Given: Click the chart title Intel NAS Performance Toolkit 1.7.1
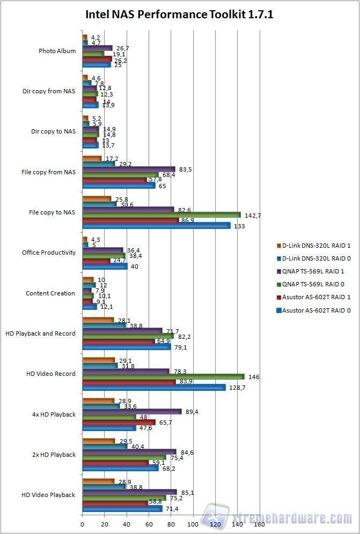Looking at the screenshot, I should [180, 14].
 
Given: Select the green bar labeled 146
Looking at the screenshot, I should [163, 377].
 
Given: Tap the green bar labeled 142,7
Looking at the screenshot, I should [161, 214].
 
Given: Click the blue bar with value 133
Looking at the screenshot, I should [156, 226].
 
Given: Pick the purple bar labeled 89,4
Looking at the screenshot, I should [132, 411].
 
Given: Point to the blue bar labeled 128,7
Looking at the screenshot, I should [153, 388].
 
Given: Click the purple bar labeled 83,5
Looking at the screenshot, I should [129, 169].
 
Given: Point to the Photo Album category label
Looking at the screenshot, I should [57, 51].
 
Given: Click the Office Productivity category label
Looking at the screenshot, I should [49, 253].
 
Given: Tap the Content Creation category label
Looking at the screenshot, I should [50, 293].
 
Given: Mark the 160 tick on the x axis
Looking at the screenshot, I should [259, 524].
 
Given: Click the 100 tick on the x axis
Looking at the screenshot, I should [193, 524].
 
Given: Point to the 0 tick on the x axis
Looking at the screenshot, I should [82, 524].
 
